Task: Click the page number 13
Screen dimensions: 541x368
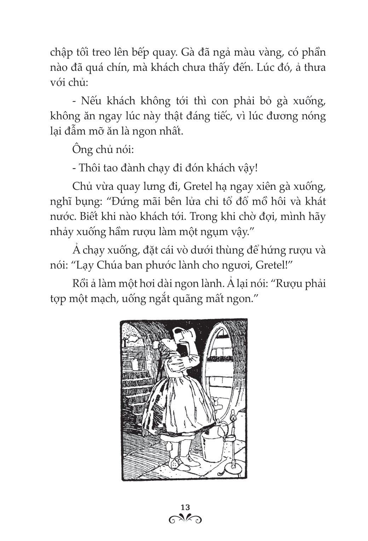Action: [x=184, y=507]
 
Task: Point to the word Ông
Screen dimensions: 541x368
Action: [x=82, y=149]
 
